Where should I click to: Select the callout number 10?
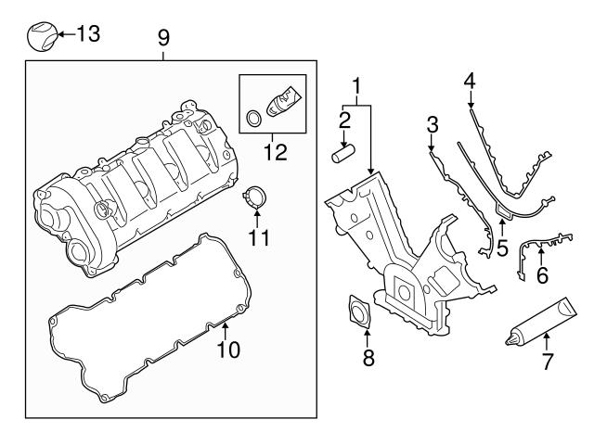point(227,350)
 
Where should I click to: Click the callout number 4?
point(470,82)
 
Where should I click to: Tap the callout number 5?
point(502,248)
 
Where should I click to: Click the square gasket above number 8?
point(356,311)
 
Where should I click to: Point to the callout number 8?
point(368,358)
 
